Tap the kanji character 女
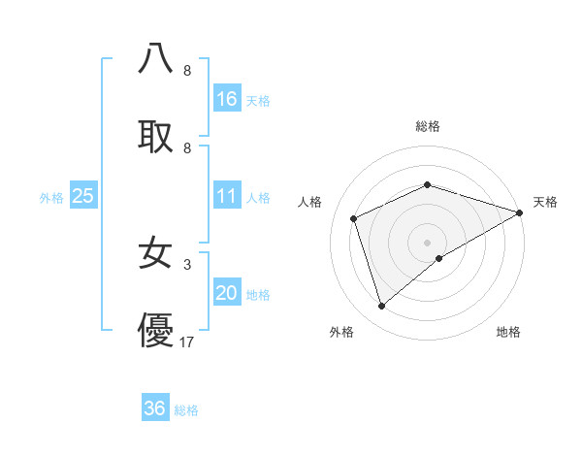(x=155, y=254)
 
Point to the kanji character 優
(x=155, y=331)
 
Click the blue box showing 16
(x=227, y=99)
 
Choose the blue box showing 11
(x=227, y=197)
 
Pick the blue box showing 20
(x=227, y=294)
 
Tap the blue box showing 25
(x=83, y=197)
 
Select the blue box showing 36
(x=155, y=408)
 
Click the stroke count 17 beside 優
(x=187, y=342)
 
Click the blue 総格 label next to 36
(x=186, y=410)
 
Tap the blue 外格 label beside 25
(x=51, y=198)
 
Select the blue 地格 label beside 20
(x=258, y=295)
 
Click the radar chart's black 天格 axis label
(x=545, y=202)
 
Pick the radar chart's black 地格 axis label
(x=508, y=333)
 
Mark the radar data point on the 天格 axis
(x=520, y=212)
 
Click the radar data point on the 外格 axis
(x=381, y=307)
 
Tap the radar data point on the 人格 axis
(x=354, y=218)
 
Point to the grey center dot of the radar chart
(x=427, y=242)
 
